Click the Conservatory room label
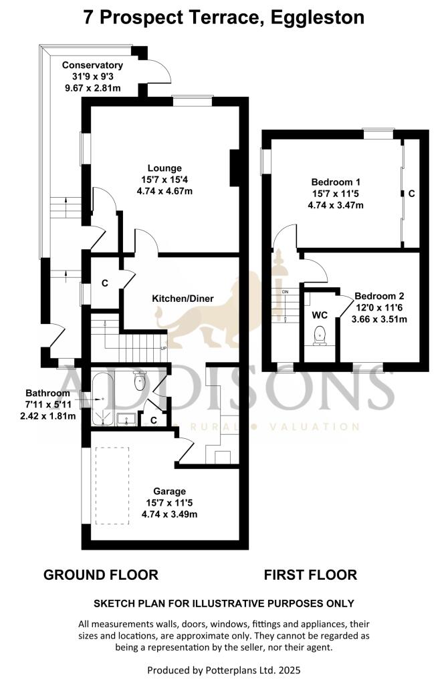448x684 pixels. point(92,65)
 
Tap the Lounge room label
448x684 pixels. point(164,168)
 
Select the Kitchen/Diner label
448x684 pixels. point(183,298)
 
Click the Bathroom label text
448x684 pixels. point(47,392)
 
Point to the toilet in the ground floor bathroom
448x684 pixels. point(140,382)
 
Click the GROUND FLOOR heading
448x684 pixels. point(101,574)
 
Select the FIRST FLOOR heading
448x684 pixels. point(310,574)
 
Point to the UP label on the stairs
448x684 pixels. point(164,349)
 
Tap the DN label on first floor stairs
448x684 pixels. point(285,293)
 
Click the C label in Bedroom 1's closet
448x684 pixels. point(411,193)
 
